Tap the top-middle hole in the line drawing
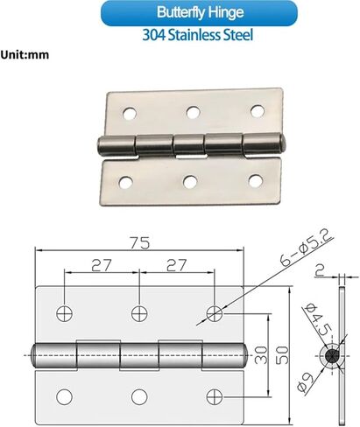pyautogui.click(x=138, y=312)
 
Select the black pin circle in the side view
pyautogui.click(x=333, y=355)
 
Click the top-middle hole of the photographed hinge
pyautogui.click(x=192, y=112)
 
